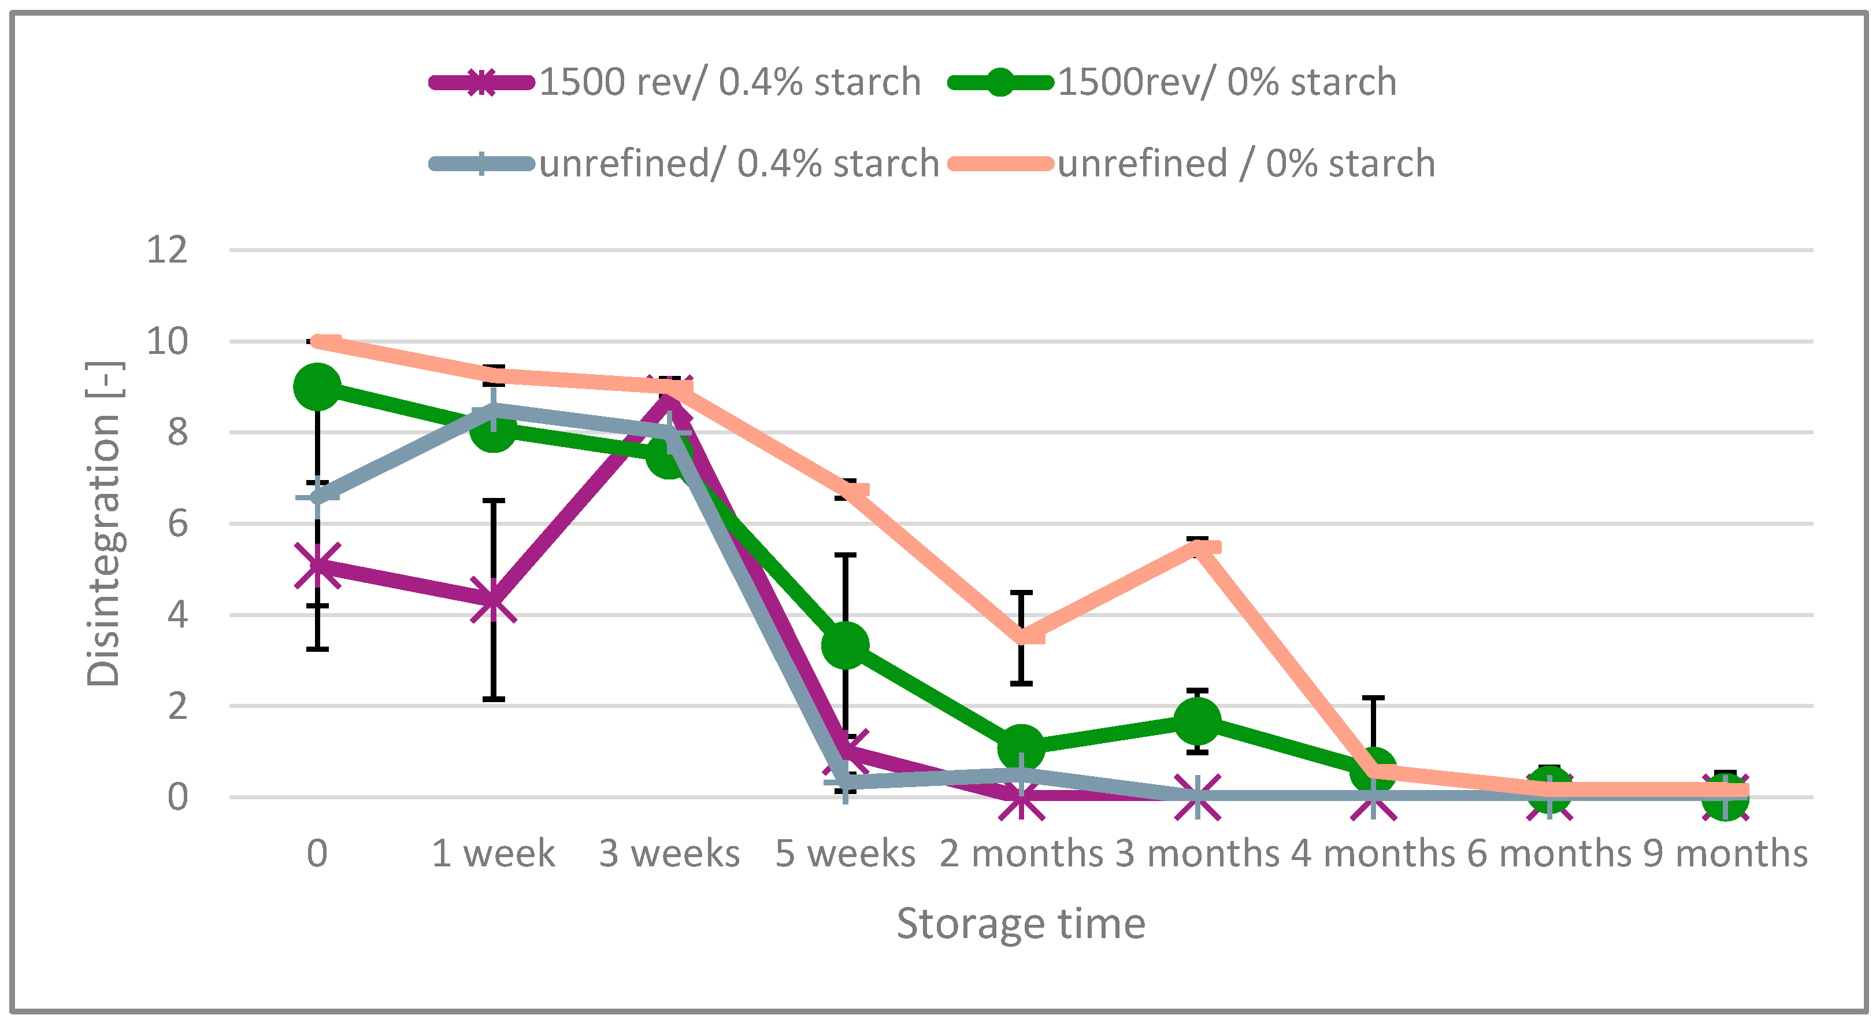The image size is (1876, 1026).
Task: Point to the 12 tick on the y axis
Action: pyautogui.click(x=168, y=250)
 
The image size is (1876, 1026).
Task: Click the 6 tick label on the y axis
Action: pyautogui.click(x=177, y=524)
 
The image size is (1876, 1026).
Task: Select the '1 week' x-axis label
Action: pyautogui.click(x=493, y=853)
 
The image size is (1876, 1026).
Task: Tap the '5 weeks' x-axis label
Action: pyautogui.click(x=845, y=853)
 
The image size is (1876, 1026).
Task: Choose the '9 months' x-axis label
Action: pyautogui.click(x=1725, y=853)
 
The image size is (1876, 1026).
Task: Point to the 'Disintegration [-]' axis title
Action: pyautogui.click(x=103, y=524)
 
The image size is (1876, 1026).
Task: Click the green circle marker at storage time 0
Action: pyautogui.click(x=317, y=387)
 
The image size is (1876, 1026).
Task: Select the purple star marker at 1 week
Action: pyautogui.click(x=493, y=601)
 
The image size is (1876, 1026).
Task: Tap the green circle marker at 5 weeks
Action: pyautogui.click(x=845, y=645)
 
